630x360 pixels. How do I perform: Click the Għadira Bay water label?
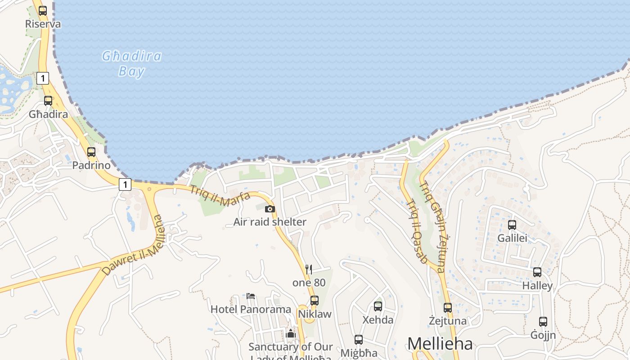(131, 63)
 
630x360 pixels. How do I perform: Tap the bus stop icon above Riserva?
(43, 11)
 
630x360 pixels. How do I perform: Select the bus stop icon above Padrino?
(91, 152)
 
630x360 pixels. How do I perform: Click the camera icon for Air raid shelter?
(270, 209)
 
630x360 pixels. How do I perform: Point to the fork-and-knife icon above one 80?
(309, 270)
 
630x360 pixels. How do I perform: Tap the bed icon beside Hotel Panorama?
(251, 296)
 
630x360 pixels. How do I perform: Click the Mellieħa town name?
(440, 344)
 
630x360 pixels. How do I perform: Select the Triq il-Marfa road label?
(220, 196)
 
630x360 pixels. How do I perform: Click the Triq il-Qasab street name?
(417, 231)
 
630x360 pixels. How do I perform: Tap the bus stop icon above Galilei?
(512, 225)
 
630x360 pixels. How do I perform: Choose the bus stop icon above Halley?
(537, 272)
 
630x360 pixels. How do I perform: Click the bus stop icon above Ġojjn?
(543, 322)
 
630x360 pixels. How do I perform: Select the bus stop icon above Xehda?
(378, 306)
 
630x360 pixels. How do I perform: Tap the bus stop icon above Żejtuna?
(447, 308)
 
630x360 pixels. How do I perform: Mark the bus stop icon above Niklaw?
(315, 301)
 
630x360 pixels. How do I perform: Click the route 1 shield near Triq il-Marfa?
(125, 184)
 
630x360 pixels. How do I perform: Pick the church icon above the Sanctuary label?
(291, 334)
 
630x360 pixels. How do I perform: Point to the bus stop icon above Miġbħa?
(359, 340)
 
